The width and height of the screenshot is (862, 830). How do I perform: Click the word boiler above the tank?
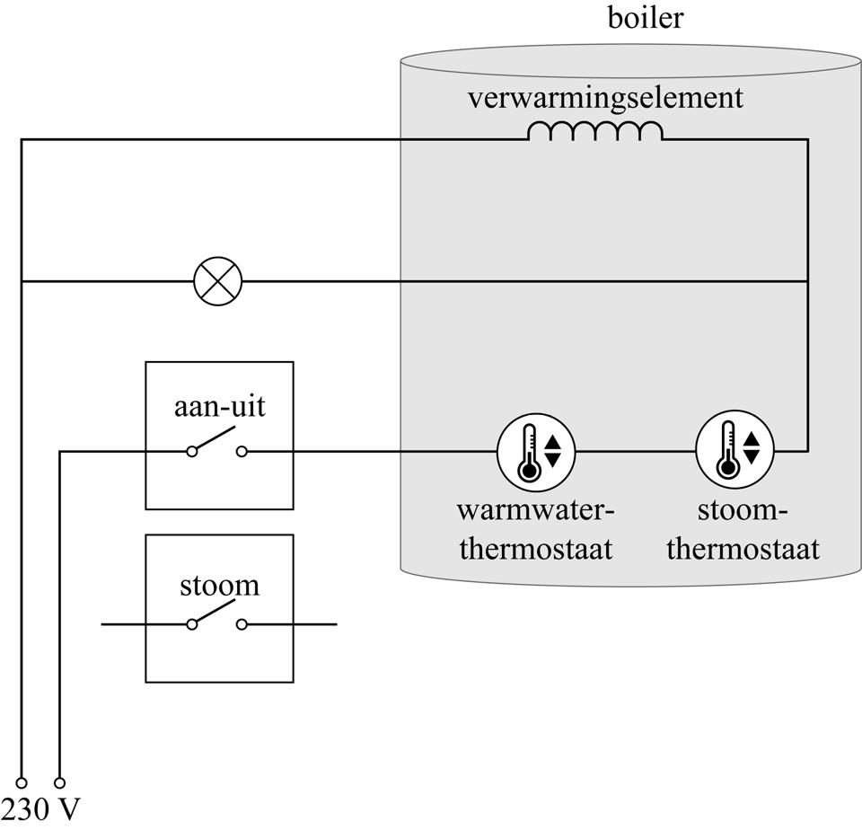point(645,18)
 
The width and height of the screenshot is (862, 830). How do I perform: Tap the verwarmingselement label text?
point(604,97)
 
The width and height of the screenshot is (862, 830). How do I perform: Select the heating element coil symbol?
point(594,132)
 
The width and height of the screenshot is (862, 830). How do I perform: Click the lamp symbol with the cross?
point(218,281)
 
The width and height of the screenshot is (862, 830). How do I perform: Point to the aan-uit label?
point(219,407)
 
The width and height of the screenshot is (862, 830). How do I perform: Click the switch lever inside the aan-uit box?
point(215,441)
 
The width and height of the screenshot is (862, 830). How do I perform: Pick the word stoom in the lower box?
point(219,586)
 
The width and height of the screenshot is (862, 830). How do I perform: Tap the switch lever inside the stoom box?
point(215,614)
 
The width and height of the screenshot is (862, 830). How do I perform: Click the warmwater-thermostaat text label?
point(536,529)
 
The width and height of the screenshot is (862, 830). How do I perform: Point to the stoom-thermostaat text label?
point(743,529)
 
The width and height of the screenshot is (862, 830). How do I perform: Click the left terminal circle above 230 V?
point(21,782)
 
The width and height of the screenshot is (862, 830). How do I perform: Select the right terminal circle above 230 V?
point(60,782)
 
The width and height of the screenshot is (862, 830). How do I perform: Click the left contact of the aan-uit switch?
point(191,452)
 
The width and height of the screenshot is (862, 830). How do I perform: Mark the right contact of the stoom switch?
point(242,624)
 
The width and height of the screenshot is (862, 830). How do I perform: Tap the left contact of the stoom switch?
point(191,624)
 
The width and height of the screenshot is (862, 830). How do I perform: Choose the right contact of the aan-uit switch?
point(242,452)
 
